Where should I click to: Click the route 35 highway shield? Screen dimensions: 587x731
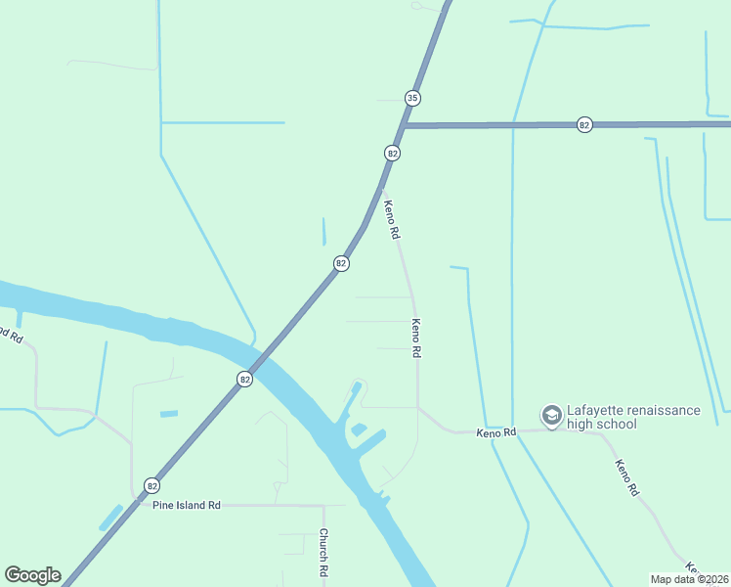413,98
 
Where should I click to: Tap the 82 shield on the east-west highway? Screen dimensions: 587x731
584,125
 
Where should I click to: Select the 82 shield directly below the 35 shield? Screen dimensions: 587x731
392,154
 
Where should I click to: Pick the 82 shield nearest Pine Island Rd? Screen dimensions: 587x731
151,485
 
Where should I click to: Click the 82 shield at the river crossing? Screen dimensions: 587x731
244,379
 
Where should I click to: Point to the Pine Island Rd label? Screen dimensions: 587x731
187,505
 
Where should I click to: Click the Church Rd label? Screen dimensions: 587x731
323,554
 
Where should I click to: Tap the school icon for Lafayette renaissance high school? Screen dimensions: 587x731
551,416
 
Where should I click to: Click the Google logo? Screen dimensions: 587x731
32,575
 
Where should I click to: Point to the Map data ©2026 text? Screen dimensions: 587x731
690,579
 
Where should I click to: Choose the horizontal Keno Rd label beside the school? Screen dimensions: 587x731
495,432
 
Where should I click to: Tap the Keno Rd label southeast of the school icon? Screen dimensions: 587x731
626,476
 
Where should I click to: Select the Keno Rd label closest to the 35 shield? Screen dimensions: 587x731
391,220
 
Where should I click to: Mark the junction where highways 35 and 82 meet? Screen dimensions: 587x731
403,126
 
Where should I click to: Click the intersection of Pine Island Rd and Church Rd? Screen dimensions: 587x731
323,506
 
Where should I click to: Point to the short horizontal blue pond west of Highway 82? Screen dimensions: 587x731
169,414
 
